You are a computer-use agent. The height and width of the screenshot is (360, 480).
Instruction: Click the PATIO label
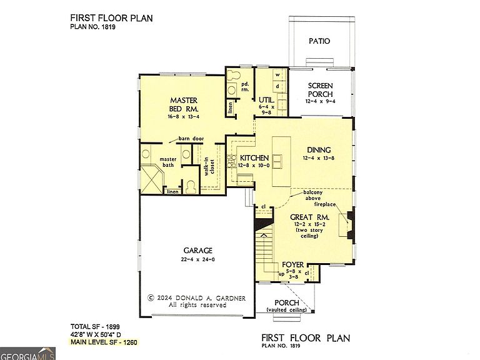point(319,41)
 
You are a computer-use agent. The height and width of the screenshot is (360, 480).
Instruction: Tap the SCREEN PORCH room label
point(320,90)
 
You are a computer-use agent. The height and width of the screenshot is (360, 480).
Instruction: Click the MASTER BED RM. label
point(184,104)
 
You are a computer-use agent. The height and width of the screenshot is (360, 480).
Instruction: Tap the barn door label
point(191,139)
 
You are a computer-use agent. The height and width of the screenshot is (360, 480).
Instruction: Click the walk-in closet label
point(209,166)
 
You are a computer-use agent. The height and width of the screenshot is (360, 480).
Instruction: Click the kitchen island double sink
point(277,161)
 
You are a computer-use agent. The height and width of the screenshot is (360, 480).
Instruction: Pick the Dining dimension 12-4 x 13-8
point(319,158)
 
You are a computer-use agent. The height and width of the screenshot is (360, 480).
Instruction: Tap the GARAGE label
point(197,251)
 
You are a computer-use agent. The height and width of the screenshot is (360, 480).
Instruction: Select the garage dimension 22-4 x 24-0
point(197,259)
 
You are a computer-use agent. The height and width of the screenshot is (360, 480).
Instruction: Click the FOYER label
point(293,265)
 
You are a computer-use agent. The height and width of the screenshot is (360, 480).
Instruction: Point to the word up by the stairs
point(282,274)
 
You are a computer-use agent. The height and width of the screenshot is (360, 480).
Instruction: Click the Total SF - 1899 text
point(95,327)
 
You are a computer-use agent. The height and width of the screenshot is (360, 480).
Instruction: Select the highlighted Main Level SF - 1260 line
point(104,342)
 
